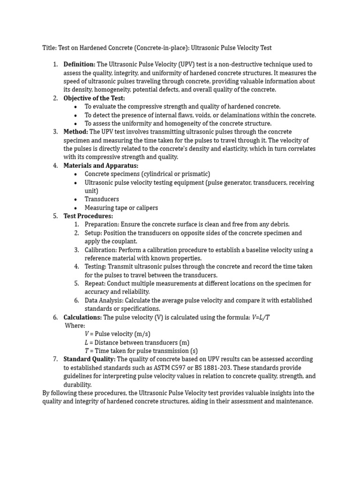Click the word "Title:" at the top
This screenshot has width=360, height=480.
(x=49, y=48)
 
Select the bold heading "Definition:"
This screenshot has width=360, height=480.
(x=79, y=65)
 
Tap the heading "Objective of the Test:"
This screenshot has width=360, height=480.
(x=94, y=98)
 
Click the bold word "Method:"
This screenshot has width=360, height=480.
(x=75, y=132)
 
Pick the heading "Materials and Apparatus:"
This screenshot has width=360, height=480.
(x=101, y=166)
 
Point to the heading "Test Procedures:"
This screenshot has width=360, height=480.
(x=88, y=217)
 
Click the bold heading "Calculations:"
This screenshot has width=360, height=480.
(x=82, y=318)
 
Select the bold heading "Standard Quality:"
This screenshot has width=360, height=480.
(x=89, y=360)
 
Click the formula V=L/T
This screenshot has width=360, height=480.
(x=261, y=318)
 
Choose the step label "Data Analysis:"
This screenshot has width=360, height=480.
(x=105, y=300)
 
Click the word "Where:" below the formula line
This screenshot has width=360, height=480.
(x=75, y=326)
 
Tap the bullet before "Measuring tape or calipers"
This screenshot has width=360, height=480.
(x=75, y=208)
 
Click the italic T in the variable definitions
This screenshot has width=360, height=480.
(x=87, y=351)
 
